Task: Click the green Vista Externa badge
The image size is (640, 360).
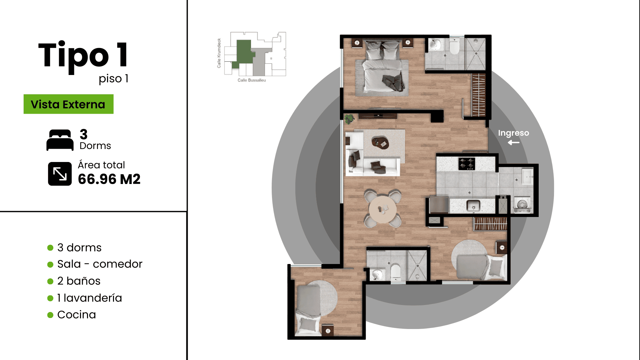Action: [68, 104]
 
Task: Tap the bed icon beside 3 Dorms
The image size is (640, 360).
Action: [60, 140]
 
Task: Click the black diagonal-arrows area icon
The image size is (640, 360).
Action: [60, 174]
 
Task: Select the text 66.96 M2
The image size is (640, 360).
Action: [109, 179]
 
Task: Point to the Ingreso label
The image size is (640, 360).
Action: [513, 133]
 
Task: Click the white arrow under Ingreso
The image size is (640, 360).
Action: [514, 143]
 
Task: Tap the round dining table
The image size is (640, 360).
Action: [383, 210]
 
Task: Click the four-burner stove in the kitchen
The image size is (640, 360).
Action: [467, 164]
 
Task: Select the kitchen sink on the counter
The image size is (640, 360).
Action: [473, 206]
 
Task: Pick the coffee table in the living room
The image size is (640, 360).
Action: [380, 142]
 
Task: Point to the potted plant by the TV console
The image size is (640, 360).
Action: [349, 119]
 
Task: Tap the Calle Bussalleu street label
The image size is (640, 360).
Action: [252, 80]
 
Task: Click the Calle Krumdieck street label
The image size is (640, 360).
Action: [219, 53]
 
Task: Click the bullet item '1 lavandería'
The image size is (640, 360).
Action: [89, 298]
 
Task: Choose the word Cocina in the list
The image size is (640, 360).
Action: [76, 315]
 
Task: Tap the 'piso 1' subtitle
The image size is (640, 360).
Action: [113, 79]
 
